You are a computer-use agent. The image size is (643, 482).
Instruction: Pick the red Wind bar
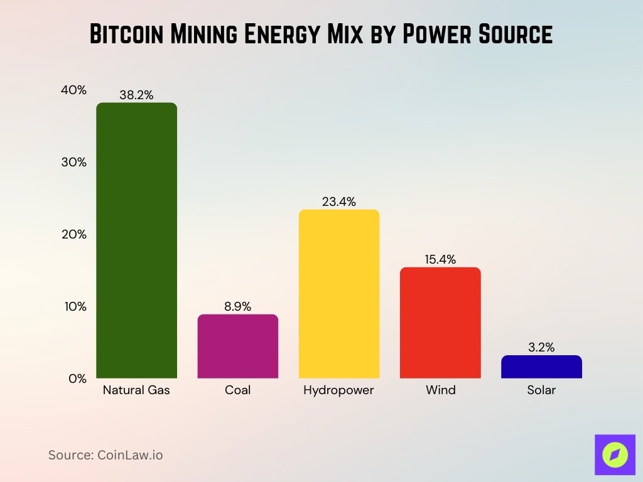point(440,323)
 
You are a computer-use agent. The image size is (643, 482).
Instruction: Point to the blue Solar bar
point(541,367)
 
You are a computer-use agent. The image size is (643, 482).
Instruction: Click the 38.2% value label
point(136,95)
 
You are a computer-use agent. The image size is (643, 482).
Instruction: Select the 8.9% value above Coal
point(237,307)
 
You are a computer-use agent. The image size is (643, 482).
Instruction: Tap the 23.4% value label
point(339,202)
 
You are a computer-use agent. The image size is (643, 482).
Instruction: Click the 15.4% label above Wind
point(440,260)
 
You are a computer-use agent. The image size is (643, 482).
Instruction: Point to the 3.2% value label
point(541,348)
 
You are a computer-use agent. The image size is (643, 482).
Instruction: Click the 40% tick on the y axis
point(73,90)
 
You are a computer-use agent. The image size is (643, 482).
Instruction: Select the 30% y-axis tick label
point(73,162)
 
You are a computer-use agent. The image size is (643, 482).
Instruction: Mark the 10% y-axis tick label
point(73,307)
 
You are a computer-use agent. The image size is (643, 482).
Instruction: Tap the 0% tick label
point(77,379)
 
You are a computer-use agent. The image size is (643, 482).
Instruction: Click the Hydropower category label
point(338,390)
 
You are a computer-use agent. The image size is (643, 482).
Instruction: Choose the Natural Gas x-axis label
point(136,390)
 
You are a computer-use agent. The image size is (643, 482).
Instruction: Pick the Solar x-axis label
point(541,390)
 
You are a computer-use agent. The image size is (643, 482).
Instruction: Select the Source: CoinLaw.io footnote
point(105,455)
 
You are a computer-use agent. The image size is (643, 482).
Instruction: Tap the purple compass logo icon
point(615,454)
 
